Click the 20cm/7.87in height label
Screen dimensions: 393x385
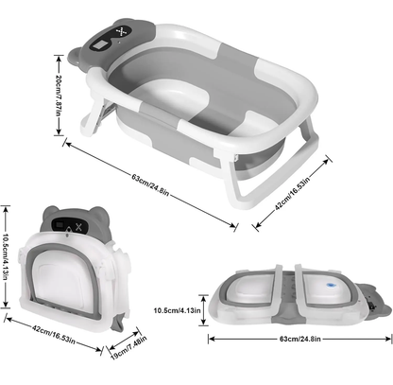(x=58, y=96)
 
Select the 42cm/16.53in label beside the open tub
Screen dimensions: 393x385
(x=293, y=192)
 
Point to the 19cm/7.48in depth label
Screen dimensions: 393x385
(x=128, y=348)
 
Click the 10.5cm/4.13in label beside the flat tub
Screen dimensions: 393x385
(x=177, y=310)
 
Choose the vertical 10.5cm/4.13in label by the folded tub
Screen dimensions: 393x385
(x=6, y=256)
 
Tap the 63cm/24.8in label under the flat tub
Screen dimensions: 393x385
(x=300, y=339)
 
